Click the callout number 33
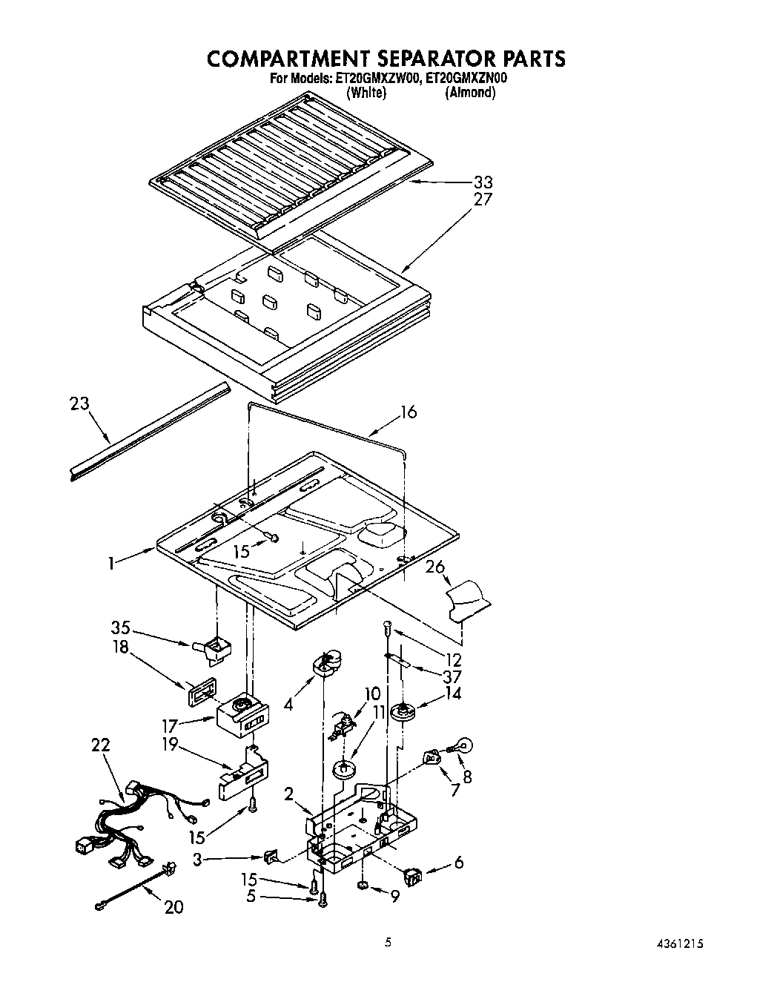(483, 182)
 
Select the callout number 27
(483, 200)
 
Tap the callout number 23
(79, 404)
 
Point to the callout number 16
(409, 412)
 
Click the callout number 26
(435, 567)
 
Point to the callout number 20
(173, 906)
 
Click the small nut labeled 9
(363, 886)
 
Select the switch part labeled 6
(411, 877)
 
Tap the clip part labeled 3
(273, 858)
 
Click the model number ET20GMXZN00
(465, 78)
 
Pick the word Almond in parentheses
(469, 93)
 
